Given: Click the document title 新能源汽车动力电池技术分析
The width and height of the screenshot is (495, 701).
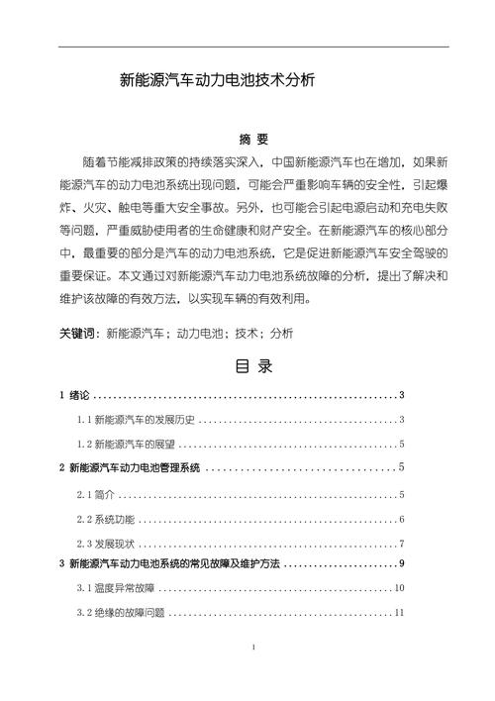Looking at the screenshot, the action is (x=217, y=82).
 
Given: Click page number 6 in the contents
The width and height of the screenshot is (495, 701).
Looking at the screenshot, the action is (x=401, y=518).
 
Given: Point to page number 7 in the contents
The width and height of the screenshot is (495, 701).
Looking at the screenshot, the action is (x=401, y=543).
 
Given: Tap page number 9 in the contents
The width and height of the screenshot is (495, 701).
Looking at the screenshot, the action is (x=401, y=564).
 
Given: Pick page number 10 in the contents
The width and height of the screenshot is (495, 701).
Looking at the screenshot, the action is (x=398, y=588).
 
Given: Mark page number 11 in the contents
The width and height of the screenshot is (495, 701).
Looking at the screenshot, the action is (x=398, y=613).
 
